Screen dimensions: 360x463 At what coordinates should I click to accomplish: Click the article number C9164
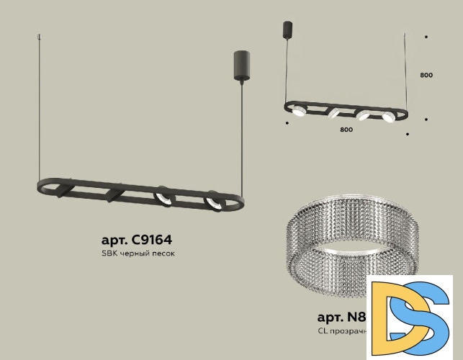click(x=136, y=240)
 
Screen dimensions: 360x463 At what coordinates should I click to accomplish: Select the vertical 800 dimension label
click(x=426, y=75)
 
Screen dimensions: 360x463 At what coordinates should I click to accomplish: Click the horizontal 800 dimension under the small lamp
click(x=346, y=130)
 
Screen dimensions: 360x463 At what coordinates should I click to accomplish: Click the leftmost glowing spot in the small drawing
click(x=297, y=109)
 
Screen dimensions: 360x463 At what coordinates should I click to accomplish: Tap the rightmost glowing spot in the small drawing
click(x=387, y=116)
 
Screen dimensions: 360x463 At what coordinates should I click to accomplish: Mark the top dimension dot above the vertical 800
click(x=426, y=36)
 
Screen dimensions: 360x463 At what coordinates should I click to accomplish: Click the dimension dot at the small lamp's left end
click(x=287, y=123)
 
